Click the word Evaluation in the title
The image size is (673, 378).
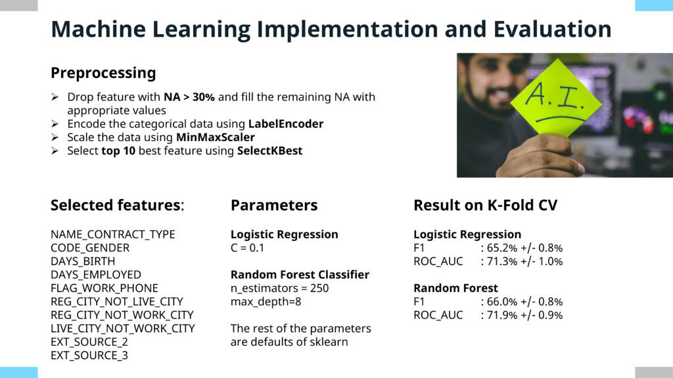[x=552, y=29]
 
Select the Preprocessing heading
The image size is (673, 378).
[x=103, y=73]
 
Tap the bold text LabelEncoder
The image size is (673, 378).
[x=286, y=124]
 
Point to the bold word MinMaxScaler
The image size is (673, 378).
[x=216, y=137]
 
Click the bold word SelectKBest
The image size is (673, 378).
[x=270, y=151]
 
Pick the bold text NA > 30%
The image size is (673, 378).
[x=189, y=97]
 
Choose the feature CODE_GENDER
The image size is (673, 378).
[x=89, y=248]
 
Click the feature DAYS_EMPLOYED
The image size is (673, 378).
[x=96, y=275]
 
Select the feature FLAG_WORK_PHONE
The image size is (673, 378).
[x=104, y=288]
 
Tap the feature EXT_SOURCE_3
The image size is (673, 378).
[x=89, y=355]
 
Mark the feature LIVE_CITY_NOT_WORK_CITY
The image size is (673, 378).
[x=123, y=328]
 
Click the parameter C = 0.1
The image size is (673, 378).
[x=247, y=247]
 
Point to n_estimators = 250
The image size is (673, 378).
[x=279, y=288]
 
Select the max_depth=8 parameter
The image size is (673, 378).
[x=266, y=302]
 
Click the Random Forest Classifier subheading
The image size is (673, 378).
[x=300, y=275]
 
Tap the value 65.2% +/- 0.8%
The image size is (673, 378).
[x=524, y=248]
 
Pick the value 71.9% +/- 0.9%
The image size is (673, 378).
[x=524, y=315]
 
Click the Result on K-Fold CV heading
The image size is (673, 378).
[x=486, y=205]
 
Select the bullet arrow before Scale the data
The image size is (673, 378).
[x=55, y=137]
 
